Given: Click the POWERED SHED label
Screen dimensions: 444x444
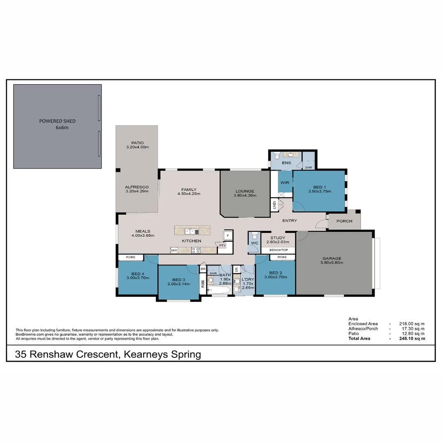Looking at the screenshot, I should [x=58, y=121].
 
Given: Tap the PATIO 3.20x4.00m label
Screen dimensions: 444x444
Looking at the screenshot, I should [x=137, y=145].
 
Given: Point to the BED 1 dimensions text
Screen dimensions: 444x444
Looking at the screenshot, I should [x=319, y=191].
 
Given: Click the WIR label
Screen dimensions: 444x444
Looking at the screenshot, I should [x=285, y=183].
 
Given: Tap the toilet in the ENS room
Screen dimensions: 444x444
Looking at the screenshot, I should [x=277, y=156].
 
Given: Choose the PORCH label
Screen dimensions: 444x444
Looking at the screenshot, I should [x=344, y=221].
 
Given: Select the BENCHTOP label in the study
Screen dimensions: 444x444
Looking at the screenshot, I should [x=278, y=250].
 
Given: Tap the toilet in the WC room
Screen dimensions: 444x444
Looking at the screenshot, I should [x=254, y=237].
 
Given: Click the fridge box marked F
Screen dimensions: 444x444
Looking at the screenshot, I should [x=227, y=236].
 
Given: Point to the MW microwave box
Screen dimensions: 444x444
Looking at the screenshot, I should [x=174, y=250].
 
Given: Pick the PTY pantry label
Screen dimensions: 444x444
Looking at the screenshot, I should [x=222, y=246].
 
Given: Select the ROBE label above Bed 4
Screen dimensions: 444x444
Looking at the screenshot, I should [x=130, y=257].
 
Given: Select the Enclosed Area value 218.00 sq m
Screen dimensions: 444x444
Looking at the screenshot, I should [x=412, y=324].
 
